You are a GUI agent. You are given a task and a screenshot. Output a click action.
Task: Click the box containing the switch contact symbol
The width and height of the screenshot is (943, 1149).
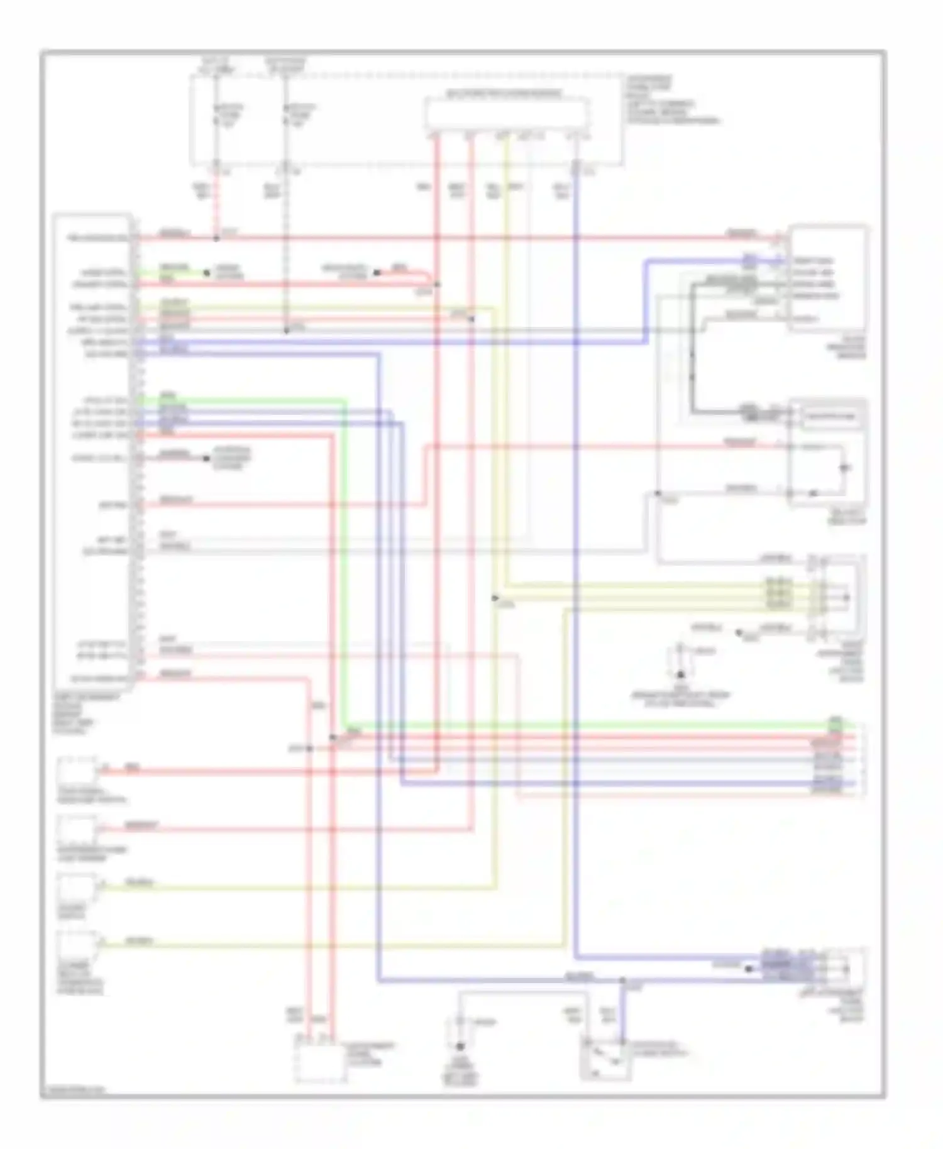click(x=605, y=1058)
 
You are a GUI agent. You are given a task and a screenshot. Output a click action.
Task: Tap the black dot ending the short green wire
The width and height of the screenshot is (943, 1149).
click(x=206, y=273)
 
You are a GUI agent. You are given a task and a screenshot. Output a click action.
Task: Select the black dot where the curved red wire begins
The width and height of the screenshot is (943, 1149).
click(x=377, y=273)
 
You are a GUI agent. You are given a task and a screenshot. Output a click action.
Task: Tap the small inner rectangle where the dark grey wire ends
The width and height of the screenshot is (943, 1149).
click(x=831, y=417)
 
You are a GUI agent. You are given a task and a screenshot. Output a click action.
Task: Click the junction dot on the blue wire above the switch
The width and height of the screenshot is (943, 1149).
click(x=622, y=980)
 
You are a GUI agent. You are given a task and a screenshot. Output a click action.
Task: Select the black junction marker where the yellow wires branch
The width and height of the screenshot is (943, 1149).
click(x=495, y=598)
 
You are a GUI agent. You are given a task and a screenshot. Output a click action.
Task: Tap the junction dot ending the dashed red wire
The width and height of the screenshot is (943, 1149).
click(x=216, y=239)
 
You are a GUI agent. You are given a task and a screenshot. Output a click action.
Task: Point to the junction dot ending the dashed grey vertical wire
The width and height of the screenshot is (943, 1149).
click(x=286, y=330)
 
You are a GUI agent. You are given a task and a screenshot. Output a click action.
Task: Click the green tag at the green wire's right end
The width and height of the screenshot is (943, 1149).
click(x=835, y=721)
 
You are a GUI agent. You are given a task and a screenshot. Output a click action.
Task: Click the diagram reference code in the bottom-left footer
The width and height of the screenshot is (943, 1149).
click(x=73, y=1089)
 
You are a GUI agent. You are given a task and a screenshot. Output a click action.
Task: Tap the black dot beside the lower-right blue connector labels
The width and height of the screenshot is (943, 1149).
click(x=748, y=969)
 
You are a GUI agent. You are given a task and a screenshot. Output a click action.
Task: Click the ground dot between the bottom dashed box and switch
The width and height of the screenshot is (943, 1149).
click(x=460, y=1046)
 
